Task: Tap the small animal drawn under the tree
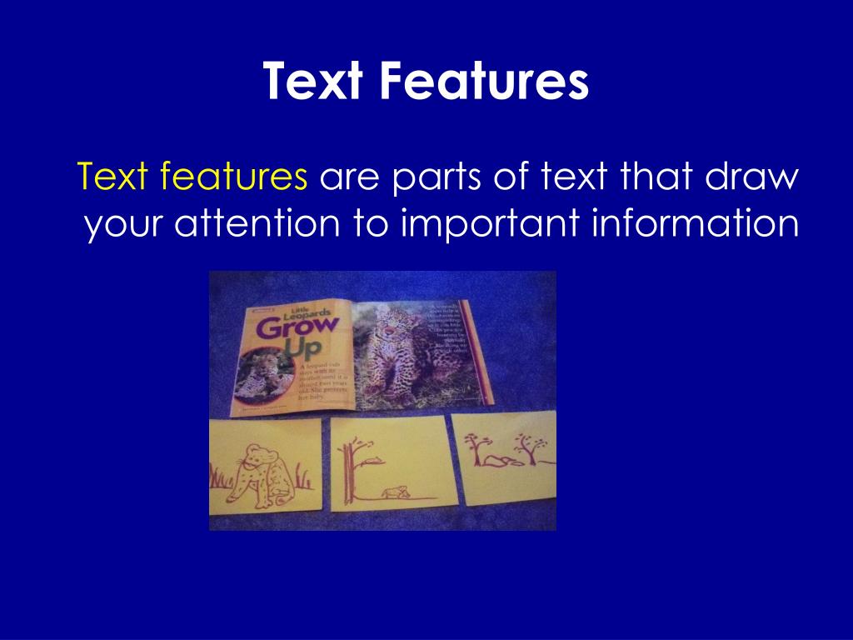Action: click(x=395, y=492)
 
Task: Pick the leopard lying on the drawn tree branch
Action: click(x=374, y=457)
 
